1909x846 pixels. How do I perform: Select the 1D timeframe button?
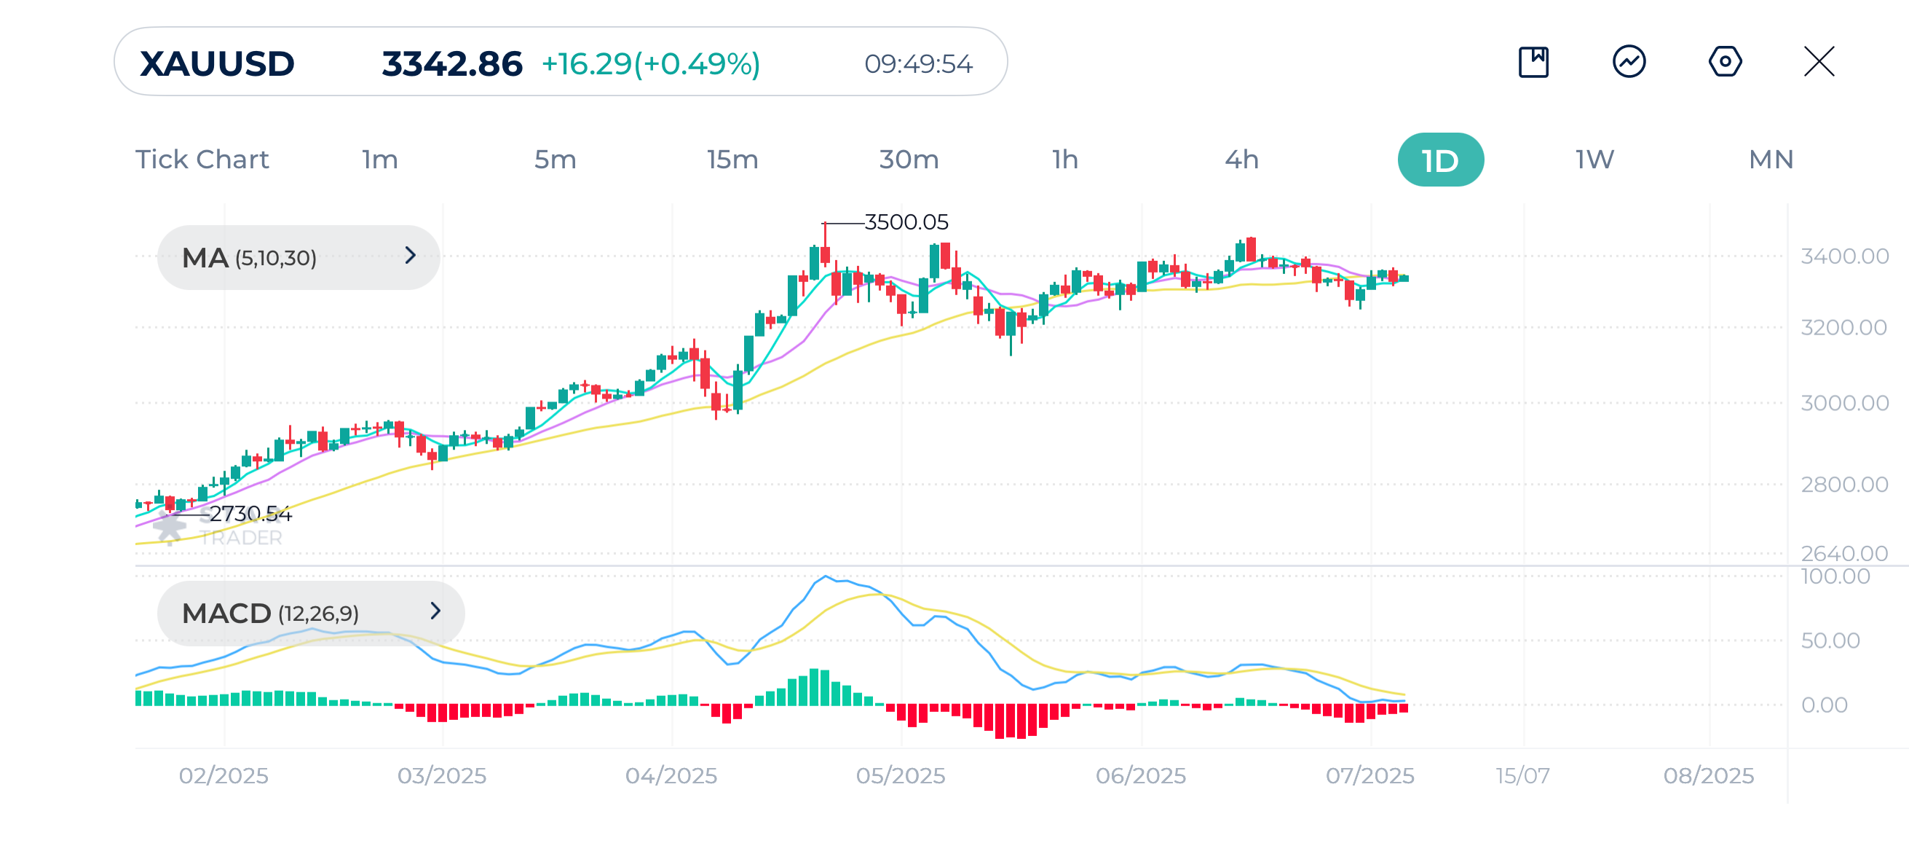(x=1440, y=160)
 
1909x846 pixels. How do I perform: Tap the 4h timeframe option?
(x=1241, y=160)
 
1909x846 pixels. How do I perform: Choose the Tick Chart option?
(x=202, y=160)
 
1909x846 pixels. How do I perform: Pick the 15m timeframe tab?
(x=732, y=160)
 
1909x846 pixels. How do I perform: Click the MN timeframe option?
(x=1771, y=160)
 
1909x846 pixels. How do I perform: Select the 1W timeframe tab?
(x=1594, y=160)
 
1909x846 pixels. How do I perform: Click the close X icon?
(x=1819, y=61)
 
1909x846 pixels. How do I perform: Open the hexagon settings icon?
(x=1725, y=61)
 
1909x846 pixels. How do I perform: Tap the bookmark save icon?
(x=1533, y=61)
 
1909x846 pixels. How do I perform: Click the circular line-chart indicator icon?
(x=1629, y=61)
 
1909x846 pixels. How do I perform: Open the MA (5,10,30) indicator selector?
(x=298, y=257)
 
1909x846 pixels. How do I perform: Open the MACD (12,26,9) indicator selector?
(x=310, y=613)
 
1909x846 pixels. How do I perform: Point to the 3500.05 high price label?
(x=906, y=222)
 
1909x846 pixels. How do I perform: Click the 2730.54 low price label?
(x=250, y=513)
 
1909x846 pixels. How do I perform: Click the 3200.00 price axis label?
(x=1843, y=327)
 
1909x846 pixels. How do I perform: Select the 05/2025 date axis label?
(x=901, y=775)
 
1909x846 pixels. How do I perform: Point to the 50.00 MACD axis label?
(x=1830, y=640)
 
